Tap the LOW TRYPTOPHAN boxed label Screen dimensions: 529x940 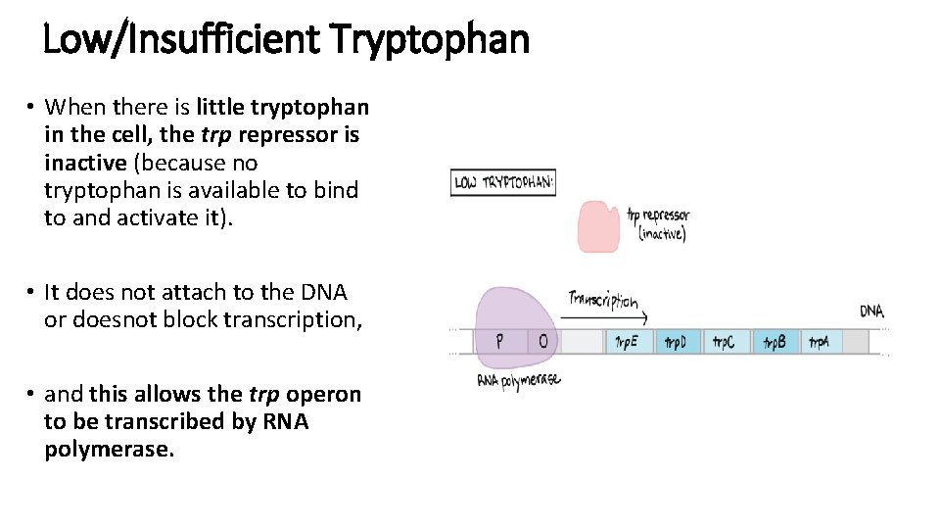tap(502, 183)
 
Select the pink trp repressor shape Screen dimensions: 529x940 tap(598, 227)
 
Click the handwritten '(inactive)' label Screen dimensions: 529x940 tap(662, 234)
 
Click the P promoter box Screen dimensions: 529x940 tap(500, 341)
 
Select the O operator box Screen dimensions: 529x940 tap(543, 341)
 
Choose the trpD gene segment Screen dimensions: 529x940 tap(677, 342)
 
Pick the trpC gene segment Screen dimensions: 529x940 tap(726, 342)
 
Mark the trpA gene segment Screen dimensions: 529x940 tap(820, 342)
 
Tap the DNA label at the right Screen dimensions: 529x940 tap(871, 312)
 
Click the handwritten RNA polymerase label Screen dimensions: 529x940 tap(519, 381)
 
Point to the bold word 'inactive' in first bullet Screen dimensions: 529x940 tap(85, 162)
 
